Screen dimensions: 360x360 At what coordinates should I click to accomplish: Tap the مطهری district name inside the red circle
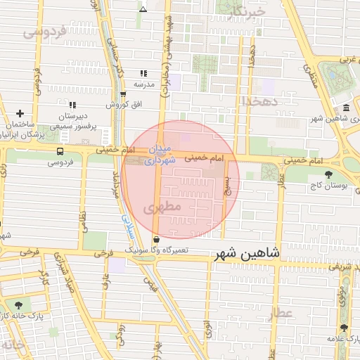[166, 208]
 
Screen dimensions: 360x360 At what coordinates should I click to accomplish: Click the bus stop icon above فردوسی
[60, 150]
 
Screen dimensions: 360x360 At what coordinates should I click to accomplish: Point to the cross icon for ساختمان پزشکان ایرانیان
[20, 113]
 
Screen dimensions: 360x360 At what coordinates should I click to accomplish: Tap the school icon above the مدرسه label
[143, 73]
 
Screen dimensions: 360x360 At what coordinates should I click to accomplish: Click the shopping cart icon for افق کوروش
[124, 94]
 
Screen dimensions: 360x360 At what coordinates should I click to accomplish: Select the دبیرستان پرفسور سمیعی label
[72, 118]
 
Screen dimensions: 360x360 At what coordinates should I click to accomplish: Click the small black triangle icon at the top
[143, 10]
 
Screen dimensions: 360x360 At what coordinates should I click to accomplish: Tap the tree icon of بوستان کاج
[328, 174]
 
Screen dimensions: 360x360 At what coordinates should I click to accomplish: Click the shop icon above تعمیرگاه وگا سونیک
[165, 240]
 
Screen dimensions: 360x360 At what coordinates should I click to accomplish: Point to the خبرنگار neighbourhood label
[247, 13]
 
